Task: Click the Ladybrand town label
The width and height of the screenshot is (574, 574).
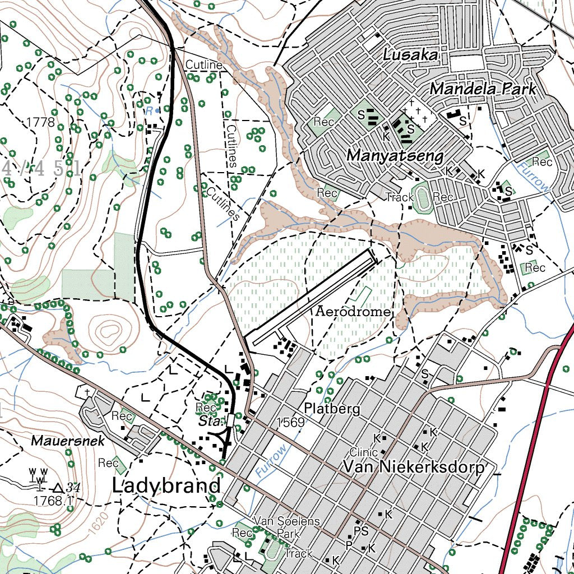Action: click(166, 485)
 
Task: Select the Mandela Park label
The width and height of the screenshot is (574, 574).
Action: click(483, 89)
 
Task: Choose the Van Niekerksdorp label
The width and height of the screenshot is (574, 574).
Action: click(413, 467)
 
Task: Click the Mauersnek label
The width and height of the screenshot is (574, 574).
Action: click(68, 441)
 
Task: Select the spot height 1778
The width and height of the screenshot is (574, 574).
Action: click(40, 122)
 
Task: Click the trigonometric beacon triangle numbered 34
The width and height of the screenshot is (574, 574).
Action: click(59, 488)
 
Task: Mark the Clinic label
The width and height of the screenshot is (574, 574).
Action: click(360, 452)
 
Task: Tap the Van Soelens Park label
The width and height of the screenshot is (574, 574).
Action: click(286, 527)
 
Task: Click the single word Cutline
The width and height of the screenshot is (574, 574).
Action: click(204, 66)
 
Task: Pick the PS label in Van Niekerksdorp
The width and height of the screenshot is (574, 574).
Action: click(362, 530)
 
